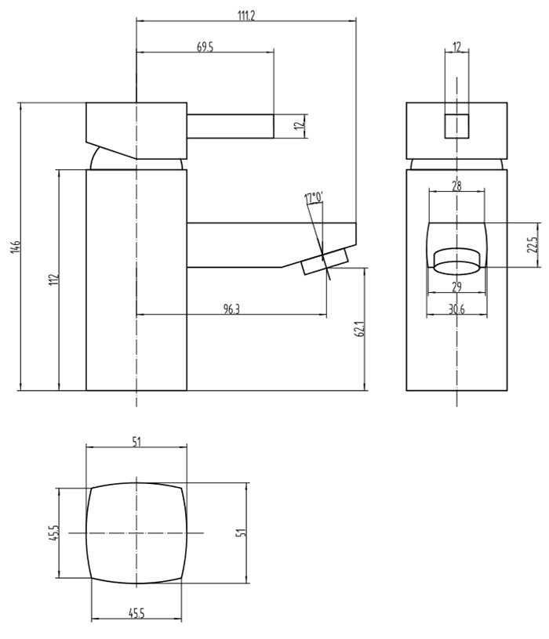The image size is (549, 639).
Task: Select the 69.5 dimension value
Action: pyautogui.click(x=205, y=48)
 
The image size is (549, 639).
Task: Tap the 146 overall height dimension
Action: pyautogui.click(x=15, y=247)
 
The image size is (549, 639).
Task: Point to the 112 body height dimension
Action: pyautogui.click(x=53, y=280)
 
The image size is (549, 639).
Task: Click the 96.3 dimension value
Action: pyautogui.click(x=231, y=309)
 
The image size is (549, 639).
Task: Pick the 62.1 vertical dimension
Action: pyautogui.click(x=360, y=330)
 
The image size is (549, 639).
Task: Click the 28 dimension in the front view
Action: pyautogui.click(x=456, y=186)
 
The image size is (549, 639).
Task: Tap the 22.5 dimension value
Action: pyautogui.click(x=532, y=245)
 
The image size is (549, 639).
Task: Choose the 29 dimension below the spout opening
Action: pyautogui.click(x=456, y=287)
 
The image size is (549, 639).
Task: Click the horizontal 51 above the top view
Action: pyautogui.click(x=136, y=442)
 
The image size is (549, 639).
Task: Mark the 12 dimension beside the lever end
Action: pyautogui.click(x=299, y=125)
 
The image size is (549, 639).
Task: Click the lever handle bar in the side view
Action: pyautogui.click(x=230, y=125)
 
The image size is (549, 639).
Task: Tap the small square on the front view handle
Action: pyautogui.click(x=456, y=125)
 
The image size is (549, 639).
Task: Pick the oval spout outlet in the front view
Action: pyautogui.click(x=456, y=260)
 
